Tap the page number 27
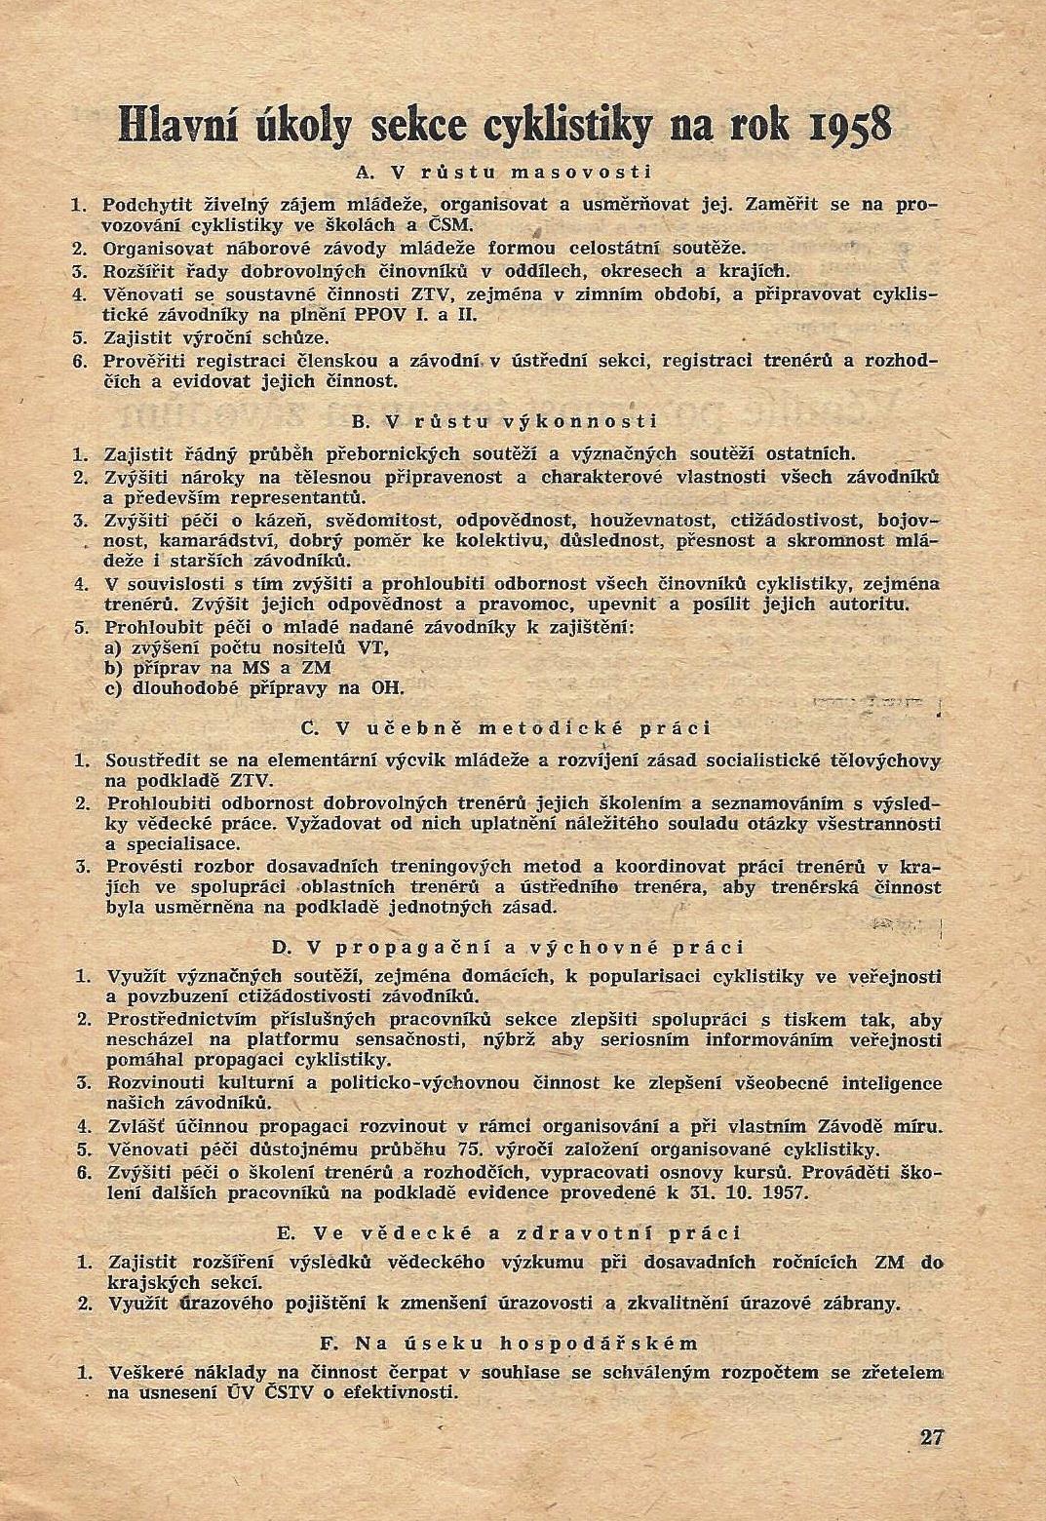(931, 1436)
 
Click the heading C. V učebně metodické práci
(506, 728)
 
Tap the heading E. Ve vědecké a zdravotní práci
(508, 1233)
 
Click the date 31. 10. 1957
(748, 1192)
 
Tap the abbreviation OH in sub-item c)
(387, 687)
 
